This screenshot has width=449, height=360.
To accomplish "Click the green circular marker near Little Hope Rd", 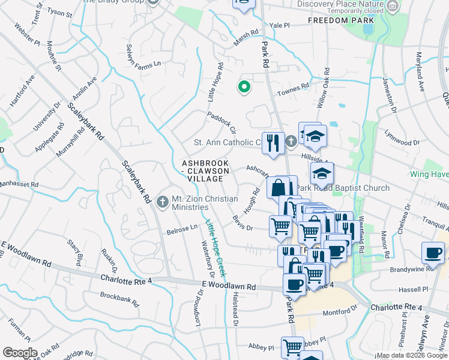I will (x=244, y=88).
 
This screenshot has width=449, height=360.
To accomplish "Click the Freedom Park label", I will (x=337, y=20).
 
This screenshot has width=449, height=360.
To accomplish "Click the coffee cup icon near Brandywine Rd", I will (x=433, y=253).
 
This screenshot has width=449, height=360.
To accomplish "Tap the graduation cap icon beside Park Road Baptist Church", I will (x=322, y=174).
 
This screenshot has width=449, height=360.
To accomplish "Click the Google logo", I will (x=20, y=353).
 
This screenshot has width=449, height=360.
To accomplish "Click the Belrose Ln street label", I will (x=182, y=229).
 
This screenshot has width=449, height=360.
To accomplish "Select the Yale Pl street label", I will (x=280, y=26).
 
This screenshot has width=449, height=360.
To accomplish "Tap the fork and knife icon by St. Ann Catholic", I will (x=273, y=143).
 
